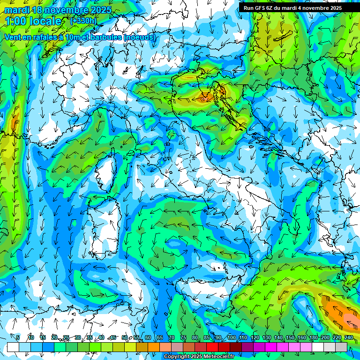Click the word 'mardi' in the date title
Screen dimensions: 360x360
[15, 10]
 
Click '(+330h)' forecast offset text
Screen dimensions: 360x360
[83, 21]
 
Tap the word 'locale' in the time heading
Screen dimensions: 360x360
[45, 21]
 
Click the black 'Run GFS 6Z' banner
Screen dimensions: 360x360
[292, 8]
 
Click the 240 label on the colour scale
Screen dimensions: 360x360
[348, 337]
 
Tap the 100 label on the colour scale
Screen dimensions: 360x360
[232, 337]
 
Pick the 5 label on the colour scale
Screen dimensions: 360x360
[18, 337]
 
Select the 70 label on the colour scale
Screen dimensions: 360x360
[172, 337]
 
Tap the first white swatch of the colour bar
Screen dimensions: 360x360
[13, 347]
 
